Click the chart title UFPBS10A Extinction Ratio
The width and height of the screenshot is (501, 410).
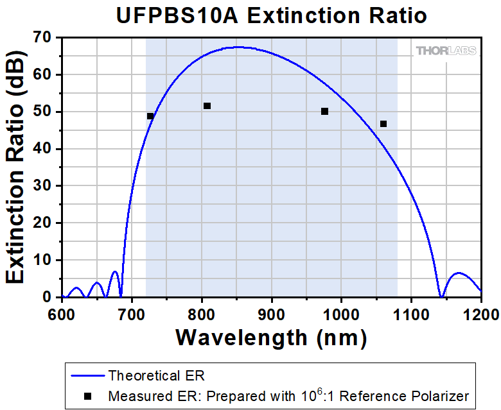click(271, 15)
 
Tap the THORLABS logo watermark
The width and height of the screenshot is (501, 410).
click(446, 51)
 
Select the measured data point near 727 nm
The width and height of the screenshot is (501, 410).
click(150, 116)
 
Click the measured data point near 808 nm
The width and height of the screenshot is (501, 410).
click(207, 106)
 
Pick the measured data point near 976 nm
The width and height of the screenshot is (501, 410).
click(324, 112)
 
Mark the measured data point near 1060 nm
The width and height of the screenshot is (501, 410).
click(383, 124)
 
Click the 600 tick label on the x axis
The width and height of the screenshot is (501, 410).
click(62, 314)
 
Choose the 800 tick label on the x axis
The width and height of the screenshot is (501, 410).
click(202, 314)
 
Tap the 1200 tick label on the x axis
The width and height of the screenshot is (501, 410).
click(480, 314)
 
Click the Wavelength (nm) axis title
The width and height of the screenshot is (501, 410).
click(270, 336)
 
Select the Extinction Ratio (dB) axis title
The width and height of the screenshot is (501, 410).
click(16, 167)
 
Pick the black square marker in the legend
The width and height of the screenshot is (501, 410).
click(87, 396)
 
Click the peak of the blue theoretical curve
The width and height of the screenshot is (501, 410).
click(238, 47)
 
